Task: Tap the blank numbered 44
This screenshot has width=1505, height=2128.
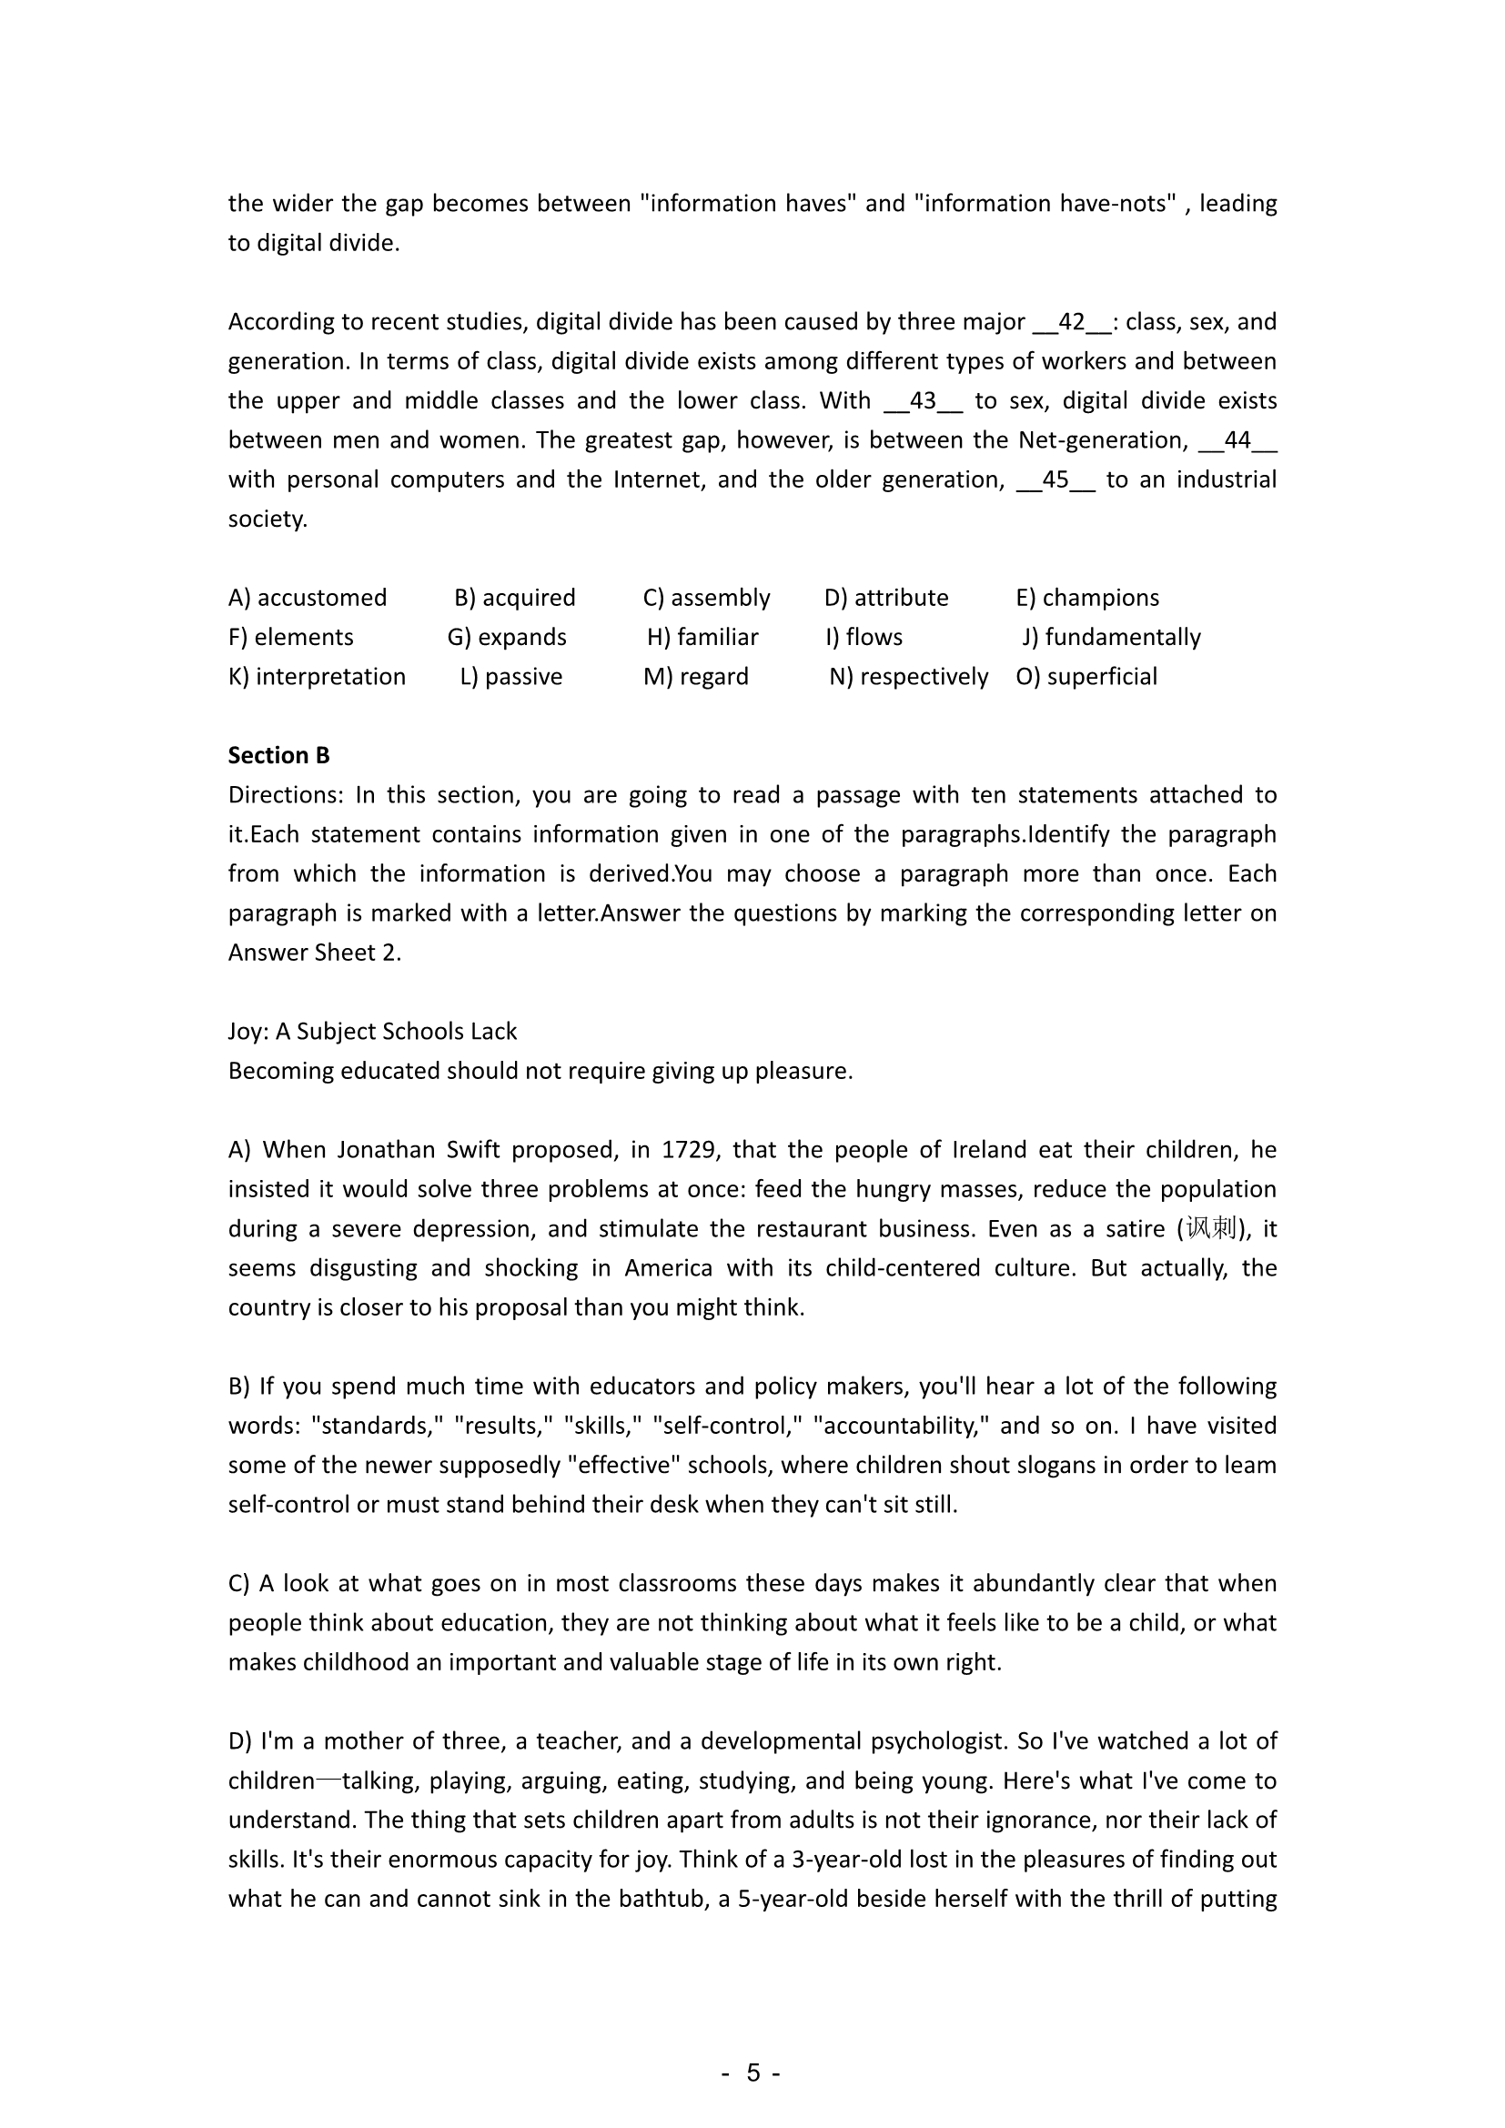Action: point(1238,440)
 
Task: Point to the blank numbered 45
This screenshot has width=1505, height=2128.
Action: point(1056,480)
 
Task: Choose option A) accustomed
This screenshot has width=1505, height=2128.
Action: point(308,598)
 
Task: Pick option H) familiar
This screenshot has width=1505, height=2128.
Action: point(702,638)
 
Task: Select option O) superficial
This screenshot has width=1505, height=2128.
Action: point(1086,677)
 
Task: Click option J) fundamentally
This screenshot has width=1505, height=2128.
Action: point(1111,638)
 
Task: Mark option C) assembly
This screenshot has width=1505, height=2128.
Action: point(707,598)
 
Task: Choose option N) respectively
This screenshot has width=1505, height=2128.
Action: point(908,677)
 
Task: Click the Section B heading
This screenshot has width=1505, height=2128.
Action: point(279,755)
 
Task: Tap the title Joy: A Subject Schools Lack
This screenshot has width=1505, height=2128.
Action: point(372,1032)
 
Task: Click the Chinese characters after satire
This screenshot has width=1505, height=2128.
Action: point(1211,1229)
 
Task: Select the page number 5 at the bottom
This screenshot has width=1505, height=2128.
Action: point(752,2073)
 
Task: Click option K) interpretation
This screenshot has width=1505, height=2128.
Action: point(317,677)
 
